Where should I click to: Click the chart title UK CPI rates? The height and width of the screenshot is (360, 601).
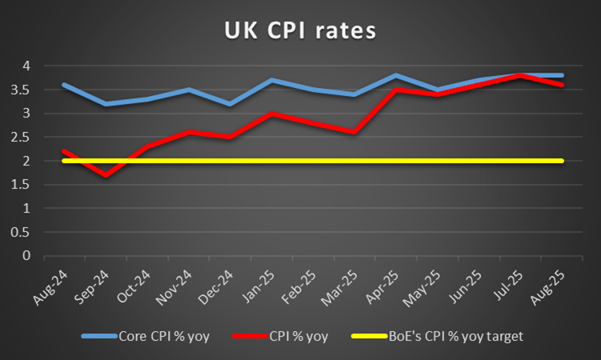[x=299, y=32]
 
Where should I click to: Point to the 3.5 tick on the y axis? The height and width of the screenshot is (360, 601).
[x=27, y=89]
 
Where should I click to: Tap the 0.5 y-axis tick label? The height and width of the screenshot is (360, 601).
[x=27, y=232]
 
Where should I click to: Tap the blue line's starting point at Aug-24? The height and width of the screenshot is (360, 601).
[x=64, y=85]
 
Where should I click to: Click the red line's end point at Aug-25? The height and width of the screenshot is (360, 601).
[x=562, y=85]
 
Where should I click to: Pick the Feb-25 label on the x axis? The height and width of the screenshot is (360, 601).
[x=304, y=282]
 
